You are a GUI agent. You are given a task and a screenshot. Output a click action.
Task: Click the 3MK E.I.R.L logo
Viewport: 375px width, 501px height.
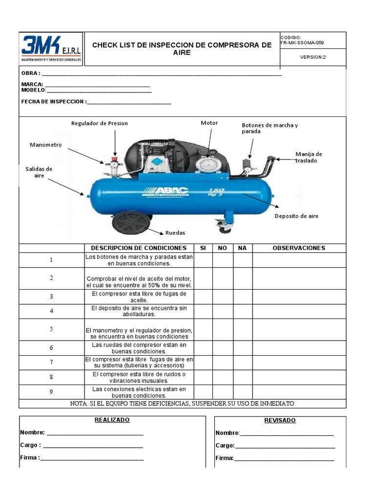coord(51,49)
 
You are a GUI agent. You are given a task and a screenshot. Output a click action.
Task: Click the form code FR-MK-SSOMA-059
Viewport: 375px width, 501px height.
coord(302,43)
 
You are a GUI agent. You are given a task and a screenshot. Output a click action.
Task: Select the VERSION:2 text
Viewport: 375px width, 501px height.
coord(312,57)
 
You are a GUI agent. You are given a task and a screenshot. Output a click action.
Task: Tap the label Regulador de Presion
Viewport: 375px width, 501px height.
coord(100,123)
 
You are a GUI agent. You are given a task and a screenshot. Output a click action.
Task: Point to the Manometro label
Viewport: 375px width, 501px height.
coord(46,145)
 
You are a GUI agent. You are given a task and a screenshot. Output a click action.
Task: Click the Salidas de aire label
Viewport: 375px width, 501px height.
coord(39,172)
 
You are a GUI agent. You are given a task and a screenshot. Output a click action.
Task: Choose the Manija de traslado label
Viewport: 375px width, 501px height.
coord(309,157)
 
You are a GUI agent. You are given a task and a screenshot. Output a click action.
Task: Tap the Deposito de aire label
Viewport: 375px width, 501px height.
coord(296,216)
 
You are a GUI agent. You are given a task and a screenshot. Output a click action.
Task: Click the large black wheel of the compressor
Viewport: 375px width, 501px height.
coord(130,223)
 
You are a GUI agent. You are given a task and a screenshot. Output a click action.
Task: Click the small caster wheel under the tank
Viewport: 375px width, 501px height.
coord(225,227)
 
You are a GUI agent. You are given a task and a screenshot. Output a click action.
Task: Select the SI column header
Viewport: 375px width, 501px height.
coord(203,248)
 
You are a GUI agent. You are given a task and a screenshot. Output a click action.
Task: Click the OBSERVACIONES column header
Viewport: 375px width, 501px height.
coord(299,248)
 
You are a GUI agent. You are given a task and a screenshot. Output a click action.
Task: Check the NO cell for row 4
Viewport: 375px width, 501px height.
coord(223,311)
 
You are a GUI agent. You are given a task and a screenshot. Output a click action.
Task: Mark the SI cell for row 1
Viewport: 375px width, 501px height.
coord(203,260)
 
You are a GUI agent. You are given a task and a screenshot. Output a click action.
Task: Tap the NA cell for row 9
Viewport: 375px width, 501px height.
coord(242,391)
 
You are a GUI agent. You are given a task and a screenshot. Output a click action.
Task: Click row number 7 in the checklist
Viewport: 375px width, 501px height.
coord(51,363)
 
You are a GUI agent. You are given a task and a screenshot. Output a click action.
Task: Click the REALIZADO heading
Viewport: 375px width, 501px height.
coord(112,420)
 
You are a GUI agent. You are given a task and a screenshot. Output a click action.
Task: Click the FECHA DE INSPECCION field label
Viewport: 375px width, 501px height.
coord(53,102)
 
